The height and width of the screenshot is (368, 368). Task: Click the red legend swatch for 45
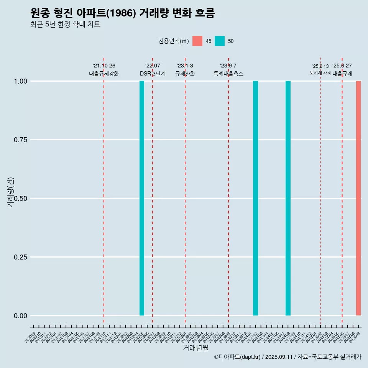point(197,41)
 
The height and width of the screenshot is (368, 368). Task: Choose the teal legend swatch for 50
point(220,41)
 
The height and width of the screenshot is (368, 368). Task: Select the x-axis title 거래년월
point(195,348)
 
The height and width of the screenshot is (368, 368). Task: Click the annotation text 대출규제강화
point(104,74)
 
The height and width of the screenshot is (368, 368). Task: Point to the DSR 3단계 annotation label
point(153,74)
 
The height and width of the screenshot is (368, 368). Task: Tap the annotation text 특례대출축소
point(228,74)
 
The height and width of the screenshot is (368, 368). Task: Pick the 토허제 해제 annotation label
point(320,73)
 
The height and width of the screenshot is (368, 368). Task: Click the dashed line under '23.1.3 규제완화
point(185,192)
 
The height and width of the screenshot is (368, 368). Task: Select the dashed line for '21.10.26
point(104,192)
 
